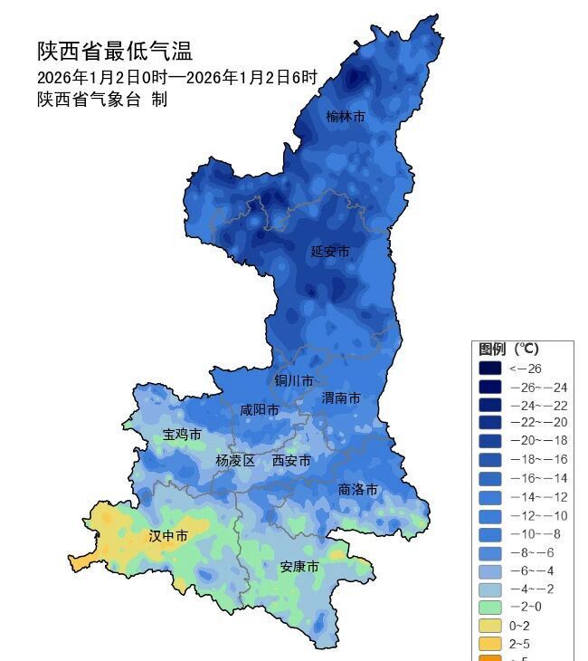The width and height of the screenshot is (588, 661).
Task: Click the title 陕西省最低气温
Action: pyautogui.click(x=115, y=51)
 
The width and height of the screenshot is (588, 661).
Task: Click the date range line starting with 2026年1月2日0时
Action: pyautogui.click(x=177, y=77)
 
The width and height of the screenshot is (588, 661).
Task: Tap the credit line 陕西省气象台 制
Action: pyautogui.click(x=102, y=100)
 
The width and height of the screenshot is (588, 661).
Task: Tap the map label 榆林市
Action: pyautogui.click(x=346, y=117)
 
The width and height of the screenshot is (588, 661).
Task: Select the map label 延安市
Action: pyautogui.click(x=329, y=251)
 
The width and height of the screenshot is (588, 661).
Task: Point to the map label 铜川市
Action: pyautogui.click(x=294, y=380)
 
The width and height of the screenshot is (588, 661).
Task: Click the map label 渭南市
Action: pyautogui.click(x=341, y=398)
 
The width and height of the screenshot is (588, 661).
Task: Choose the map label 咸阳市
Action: pyautogui.click(x=260, y=409)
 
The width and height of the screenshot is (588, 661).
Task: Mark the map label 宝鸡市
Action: pyautogui.click(x=182, y=435)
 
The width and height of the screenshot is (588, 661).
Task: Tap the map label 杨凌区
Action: pyautogui.click(x=235, y=460)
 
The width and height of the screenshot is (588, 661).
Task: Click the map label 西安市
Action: pyautogui.click(x=291, y=461)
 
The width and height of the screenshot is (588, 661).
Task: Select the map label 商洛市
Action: pyautogui.click(x=358, y=489)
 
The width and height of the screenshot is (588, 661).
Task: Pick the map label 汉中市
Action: pyautogui.click(x=168, y=536)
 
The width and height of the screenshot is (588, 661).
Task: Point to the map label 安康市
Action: pyautogui.click(x=299, y=567)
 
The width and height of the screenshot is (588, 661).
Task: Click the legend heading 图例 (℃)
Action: pyautogui.click(x=508, y=349)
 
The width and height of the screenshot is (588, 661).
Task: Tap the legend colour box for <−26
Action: pyautogui.click(x=489, y=369)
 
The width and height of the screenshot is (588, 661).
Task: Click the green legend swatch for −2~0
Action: pyautogui.click(x=489, y=606)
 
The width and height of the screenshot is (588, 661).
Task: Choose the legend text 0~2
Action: pyautogui.click(x=519, y=625)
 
